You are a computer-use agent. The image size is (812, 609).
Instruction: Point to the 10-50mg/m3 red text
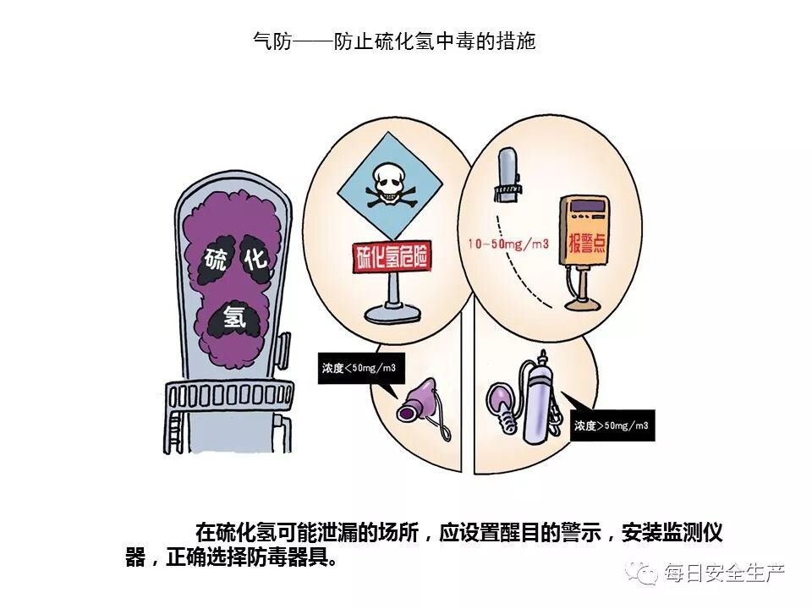(x=508, y=244)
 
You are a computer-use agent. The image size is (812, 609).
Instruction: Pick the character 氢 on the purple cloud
(x=233, y=316)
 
